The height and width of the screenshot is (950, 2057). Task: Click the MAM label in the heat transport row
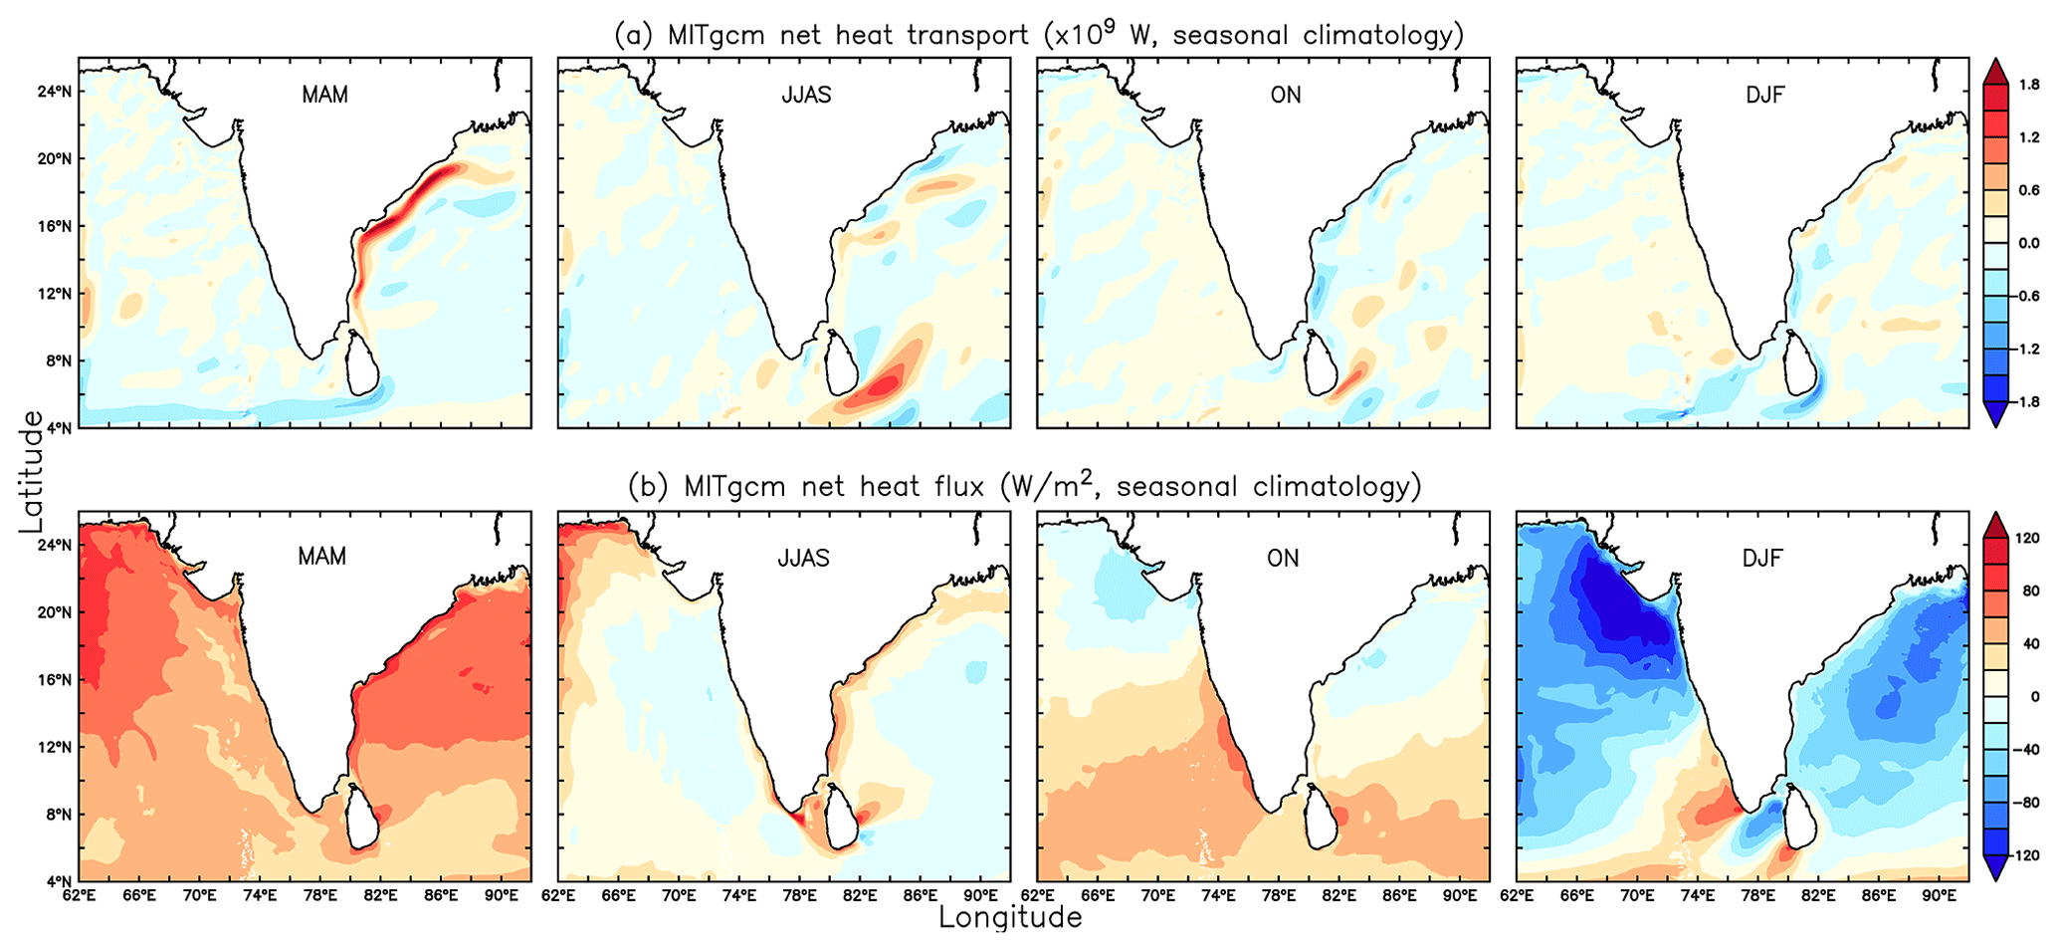tap(324, 96)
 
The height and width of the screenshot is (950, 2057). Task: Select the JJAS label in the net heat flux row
tap(803, 558)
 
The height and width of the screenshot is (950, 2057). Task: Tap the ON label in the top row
tap(1285, 96)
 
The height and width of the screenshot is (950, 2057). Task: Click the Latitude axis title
tap(32, 471)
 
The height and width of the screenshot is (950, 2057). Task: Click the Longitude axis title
tap(1009, 917)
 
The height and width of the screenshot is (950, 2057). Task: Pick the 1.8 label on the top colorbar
tap(2029, 86)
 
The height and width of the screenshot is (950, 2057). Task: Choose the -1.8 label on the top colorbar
tap(2027, 402)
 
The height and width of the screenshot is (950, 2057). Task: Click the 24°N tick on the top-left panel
tap(54, 92)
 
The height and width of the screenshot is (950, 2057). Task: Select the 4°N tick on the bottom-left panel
tap(58, 881)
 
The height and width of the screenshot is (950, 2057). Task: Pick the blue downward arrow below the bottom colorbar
tap(1995, 869)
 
